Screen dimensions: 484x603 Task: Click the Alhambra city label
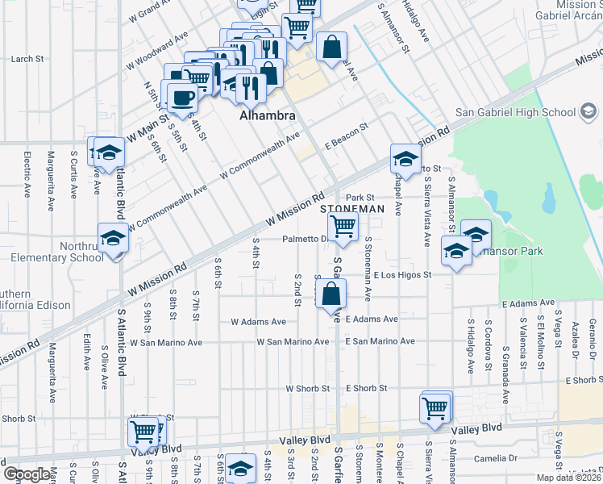tap(268, 115)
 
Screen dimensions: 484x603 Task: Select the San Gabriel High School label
tap(515, 112)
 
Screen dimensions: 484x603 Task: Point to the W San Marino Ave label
tap(292, 342)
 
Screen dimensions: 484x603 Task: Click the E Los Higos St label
tap(403, 275)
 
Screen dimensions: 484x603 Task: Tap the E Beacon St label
tap(346, 127)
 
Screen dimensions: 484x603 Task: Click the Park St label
tap(360, 197)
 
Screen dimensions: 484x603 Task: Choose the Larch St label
tap(27, 59)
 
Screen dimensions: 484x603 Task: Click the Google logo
tap(27, 474)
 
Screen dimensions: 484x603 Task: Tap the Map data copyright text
tap(568, 478)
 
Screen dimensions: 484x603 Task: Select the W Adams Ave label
tap(258, 321)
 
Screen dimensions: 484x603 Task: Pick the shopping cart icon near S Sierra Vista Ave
tap(435, 407)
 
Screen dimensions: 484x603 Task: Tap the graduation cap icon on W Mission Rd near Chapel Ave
tap(405, 157)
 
